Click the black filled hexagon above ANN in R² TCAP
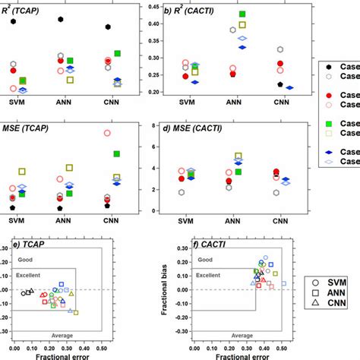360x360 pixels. pos(60,19)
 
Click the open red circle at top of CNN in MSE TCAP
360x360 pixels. pos(107,133)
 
